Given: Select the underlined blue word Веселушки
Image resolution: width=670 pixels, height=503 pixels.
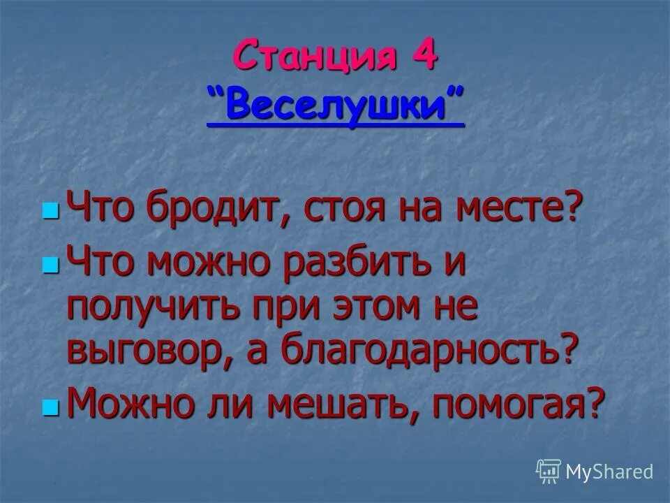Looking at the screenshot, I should pos(336,107).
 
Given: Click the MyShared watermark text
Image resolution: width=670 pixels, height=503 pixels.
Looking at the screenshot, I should pos(610,472).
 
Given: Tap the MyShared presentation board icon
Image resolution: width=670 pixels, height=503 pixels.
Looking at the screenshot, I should pos(549,472).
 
